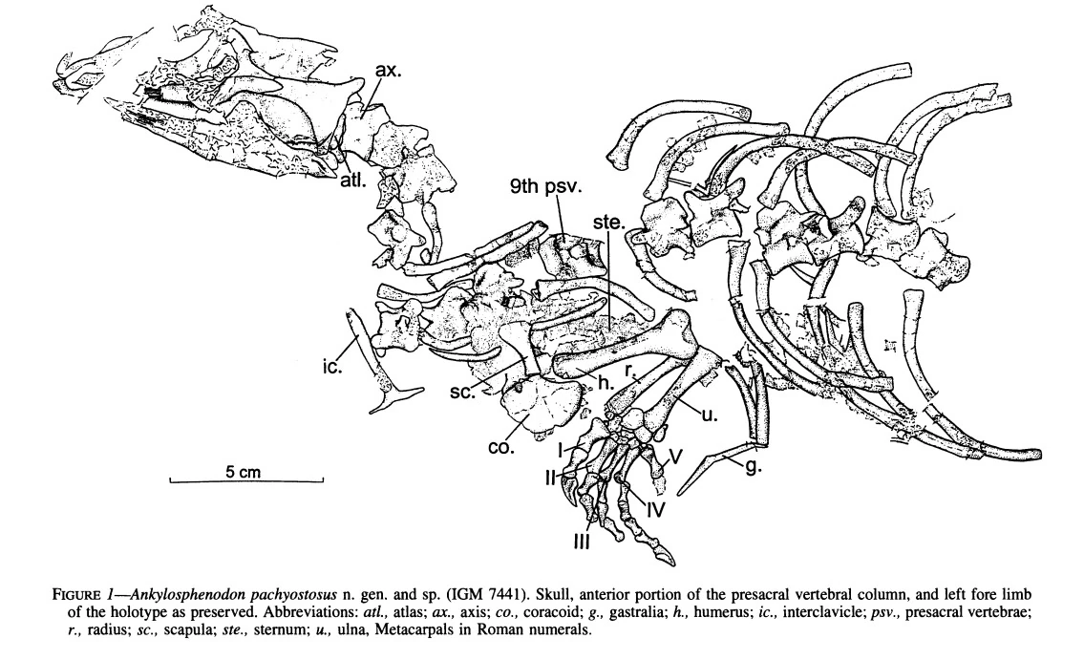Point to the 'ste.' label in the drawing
pos(608,222)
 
